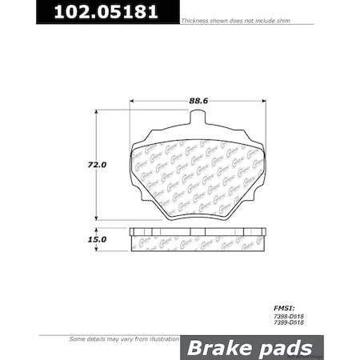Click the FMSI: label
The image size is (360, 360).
284,306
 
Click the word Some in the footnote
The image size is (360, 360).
78,340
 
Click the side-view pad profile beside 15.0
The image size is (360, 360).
198,238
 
